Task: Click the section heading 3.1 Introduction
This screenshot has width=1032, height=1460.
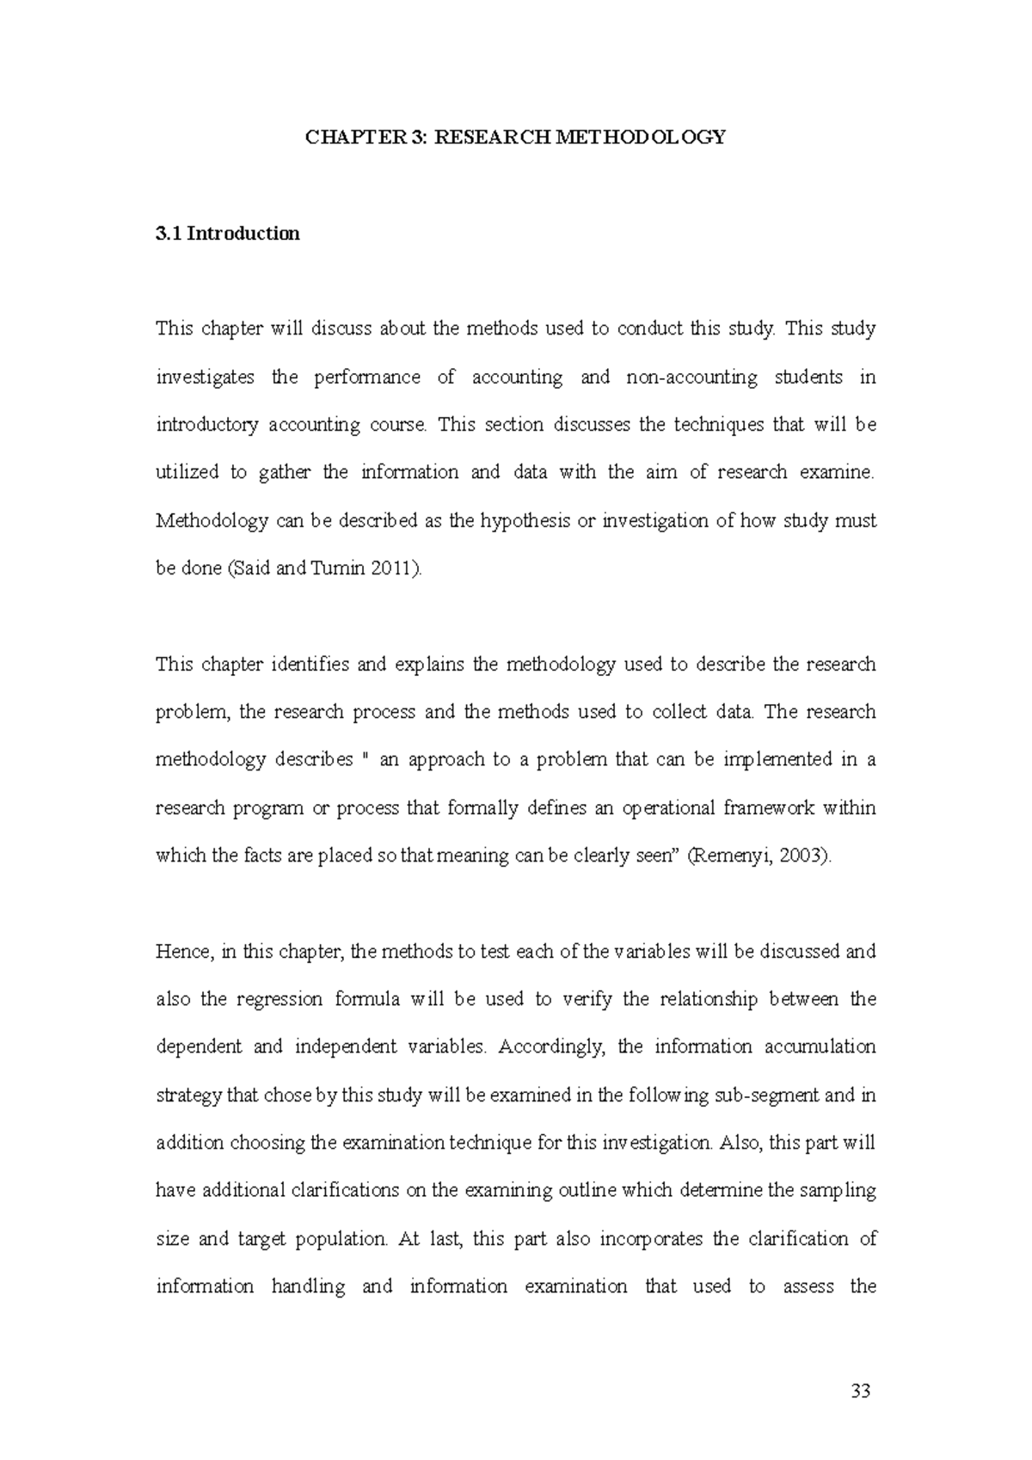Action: pyautogui.click(x=227, y=234)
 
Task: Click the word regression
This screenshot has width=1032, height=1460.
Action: pyautogui.click(x=279, y=1000)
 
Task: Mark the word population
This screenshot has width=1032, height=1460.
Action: pyautogui.click(x=341, y=1239)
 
